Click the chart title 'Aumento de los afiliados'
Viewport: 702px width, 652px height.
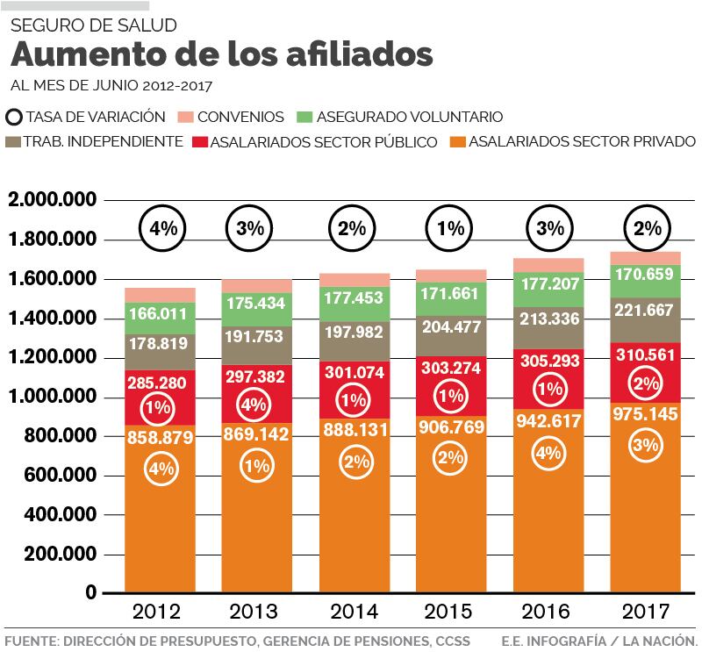[222, 54]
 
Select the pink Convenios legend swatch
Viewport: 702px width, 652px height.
[185, 117]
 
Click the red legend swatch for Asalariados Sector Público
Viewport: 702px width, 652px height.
[199, 141]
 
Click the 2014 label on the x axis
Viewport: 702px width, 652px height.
[352, 612]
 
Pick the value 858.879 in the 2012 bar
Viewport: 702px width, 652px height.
[160, 438]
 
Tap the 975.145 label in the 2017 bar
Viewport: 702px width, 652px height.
[646, 413]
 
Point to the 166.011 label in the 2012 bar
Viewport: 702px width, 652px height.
[160, 313]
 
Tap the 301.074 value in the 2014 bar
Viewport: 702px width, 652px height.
[352, 371]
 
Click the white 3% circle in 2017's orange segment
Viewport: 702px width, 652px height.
[646, 445]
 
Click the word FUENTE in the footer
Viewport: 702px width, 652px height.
[29, 640]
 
